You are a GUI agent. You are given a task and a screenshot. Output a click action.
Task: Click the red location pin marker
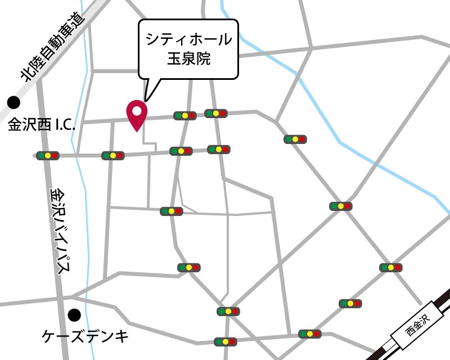click(x=137, y=114)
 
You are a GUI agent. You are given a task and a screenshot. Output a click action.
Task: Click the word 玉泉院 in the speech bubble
click(x=188, y=58)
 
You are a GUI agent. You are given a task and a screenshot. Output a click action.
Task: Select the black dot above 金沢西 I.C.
click(x=13, y=103)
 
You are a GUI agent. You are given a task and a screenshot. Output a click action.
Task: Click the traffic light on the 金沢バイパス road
click(x=48, y=155)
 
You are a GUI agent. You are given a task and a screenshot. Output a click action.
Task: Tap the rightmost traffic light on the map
click(x=390, y=268)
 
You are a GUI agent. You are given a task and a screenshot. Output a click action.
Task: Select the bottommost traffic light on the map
click(x=226, y=341)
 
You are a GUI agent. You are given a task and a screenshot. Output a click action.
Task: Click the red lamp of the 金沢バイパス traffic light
click(x=55, y=155)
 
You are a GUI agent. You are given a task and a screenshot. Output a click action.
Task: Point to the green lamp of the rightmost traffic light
click(x=383, y=268)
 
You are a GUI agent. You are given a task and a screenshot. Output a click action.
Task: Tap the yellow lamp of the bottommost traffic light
click(x=226, y=341)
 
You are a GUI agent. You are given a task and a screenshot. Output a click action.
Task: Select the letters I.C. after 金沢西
click(x=65, y=125)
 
